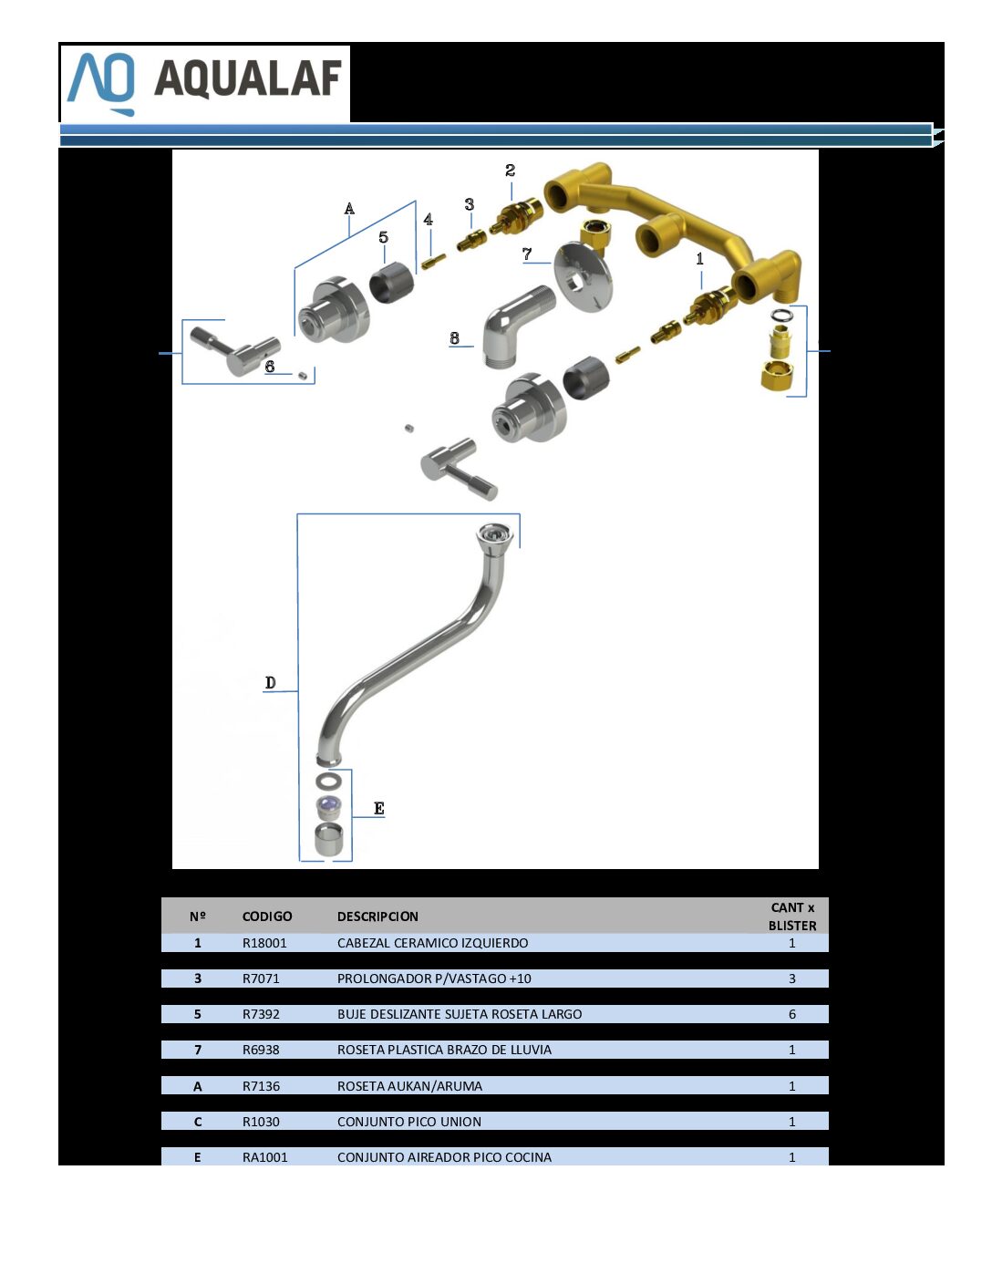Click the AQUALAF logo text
point(248,78)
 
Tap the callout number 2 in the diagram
point(510,171)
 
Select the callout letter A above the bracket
point(349,209)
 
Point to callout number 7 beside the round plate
point(527,254)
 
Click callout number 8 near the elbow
point(454,338)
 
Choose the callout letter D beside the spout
point(270,682)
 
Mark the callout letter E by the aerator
point(379,808)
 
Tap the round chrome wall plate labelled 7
point(583,276)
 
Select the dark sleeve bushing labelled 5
point(391,282)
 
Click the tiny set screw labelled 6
point(303,376)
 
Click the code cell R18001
point(264,942)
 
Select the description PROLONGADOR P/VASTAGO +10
point(434,978)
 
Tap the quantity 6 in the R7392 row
point(791,1014)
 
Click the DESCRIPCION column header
point(377,916)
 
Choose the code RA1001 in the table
point(264,1157)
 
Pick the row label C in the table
point(198,1122)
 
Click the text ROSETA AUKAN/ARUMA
point(409,1085)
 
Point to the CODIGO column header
point(267,916)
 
